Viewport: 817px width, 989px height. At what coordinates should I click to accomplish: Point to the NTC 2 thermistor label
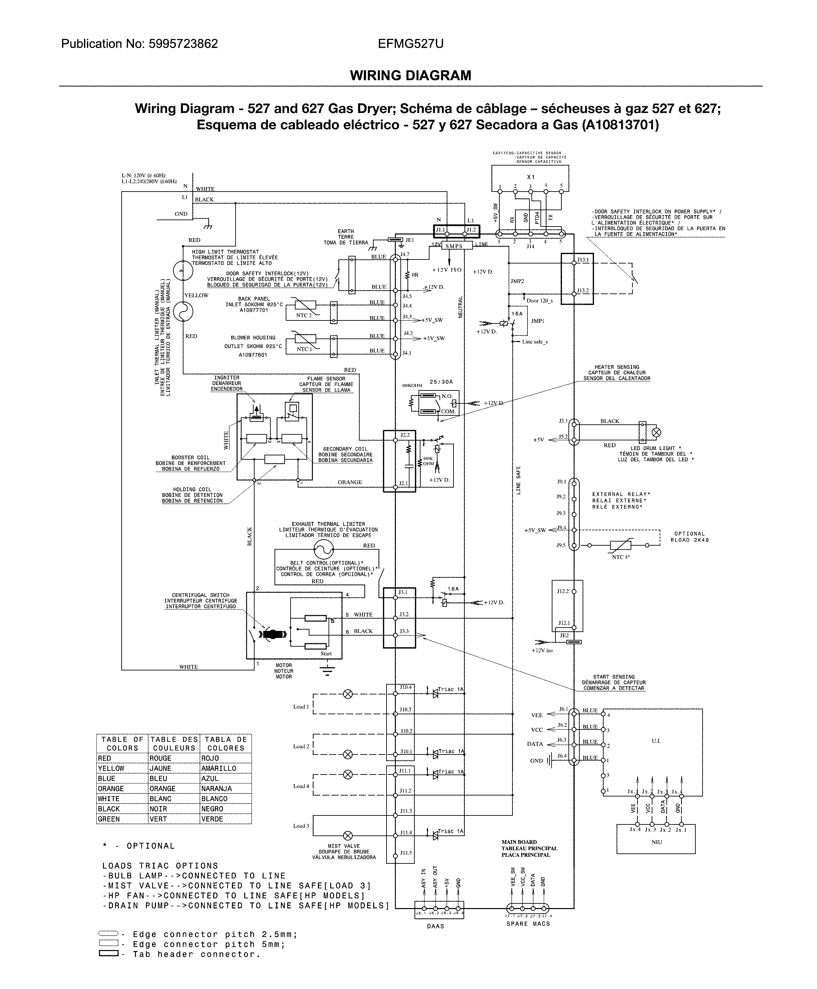coord(304,315)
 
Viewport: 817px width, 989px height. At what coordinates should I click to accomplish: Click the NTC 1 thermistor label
coord(304,349)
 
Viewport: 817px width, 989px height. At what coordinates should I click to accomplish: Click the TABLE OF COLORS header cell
coord(122,743)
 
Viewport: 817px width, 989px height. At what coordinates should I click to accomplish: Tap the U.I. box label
coord(656,741)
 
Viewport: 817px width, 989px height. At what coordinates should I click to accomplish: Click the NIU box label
coord(656,842)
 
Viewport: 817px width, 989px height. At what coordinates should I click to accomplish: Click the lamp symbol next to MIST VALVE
coord(348,836)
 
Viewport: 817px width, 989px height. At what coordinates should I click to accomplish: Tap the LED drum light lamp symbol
coord(656,432)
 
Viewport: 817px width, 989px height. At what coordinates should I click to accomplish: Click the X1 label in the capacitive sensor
coord(530,177)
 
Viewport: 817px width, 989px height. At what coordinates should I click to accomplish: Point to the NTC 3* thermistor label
coord(621,557)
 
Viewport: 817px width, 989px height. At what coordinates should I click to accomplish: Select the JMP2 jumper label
coord(517,281)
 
